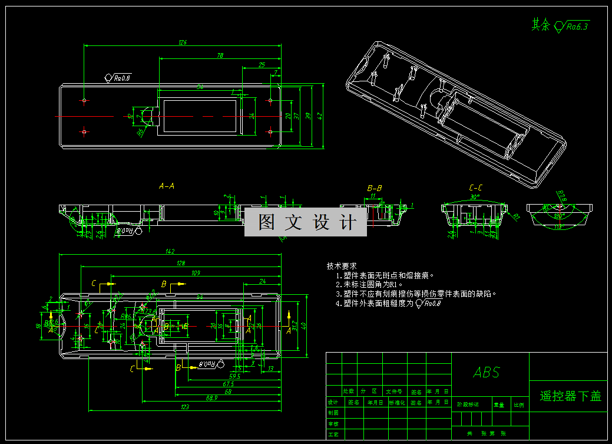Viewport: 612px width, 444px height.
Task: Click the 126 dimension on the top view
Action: point(182,42)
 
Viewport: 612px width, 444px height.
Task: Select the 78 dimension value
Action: point(220,56)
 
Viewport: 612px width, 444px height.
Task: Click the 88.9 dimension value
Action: point(211,398)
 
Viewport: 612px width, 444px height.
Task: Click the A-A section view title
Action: point(167,186)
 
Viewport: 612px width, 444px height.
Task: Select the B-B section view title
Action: point(375,188)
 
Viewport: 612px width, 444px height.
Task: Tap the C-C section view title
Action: point(475,188)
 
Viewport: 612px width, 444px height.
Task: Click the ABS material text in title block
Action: point(487,372)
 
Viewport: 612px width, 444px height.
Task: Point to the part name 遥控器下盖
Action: point(570,396)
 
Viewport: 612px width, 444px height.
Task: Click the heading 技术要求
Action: point(342,267)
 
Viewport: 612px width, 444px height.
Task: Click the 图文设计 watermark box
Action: point(306,222)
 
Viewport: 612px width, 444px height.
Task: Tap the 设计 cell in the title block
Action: point(333,402)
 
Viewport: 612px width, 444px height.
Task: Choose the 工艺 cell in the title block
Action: point(333,434)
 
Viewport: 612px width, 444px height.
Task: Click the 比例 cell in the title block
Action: point(519,405)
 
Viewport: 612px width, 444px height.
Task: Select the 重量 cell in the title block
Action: point(499,405)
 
